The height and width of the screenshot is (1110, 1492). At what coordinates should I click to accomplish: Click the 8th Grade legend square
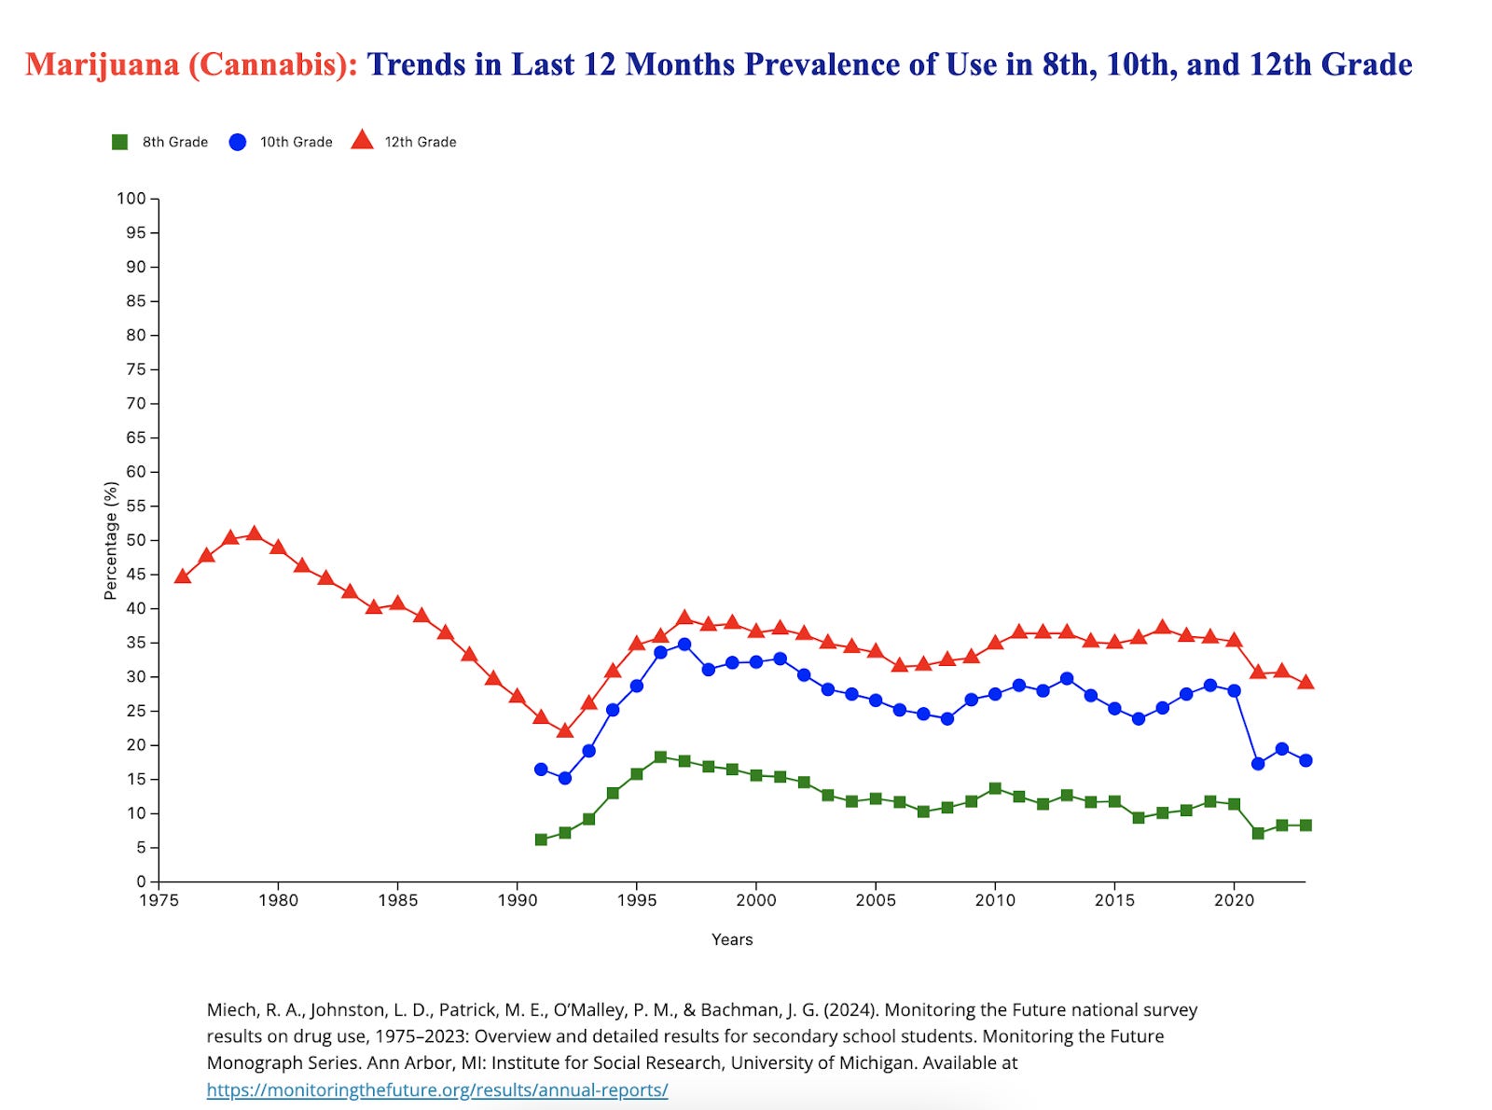(x=119, y=142)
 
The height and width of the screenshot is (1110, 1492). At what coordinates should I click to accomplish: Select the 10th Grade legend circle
(x=238, y=142)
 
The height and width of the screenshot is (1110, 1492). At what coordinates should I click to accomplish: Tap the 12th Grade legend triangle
(x=362, y=141)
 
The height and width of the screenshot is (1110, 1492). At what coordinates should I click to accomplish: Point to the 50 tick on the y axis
(x=154, y=540)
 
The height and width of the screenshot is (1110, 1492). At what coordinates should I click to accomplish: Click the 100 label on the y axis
(x=131, y=199)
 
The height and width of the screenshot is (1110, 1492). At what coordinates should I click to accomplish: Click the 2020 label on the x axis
(x=1234, y=900)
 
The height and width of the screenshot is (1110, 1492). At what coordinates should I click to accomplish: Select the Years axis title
(x=732, y=939)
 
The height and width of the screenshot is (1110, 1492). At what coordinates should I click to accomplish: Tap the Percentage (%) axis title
(x=111, y=540)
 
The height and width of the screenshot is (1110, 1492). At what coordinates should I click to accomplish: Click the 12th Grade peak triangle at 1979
(x=254, y=534)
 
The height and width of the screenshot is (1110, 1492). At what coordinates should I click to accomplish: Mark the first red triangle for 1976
(x=183, y=576)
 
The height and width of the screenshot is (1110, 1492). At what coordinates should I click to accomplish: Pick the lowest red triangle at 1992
(x=565, y=730)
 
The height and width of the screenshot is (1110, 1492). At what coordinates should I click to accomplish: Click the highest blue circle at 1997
(x=684, y=645)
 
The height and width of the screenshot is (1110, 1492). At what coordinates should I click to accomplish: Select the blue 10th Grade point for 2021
(x=1258, y=764)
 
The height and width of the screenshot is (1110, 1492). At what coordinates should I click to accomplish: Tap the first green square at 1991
(x=541, y=839)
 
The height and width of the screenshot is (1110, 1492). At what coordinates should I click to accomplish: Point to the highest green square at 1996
(x=660, y=757)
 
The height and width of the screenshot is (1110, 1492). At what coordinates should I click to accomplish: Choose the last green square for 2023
(x=1305, y=826)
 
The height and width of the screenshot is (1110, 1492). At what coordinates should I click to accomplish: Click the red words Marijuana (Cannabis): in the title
(x=191, y=64)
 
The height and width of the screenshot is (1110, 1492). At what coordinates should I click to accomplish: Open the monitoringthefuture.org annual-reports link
(x=437, y=1089)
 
